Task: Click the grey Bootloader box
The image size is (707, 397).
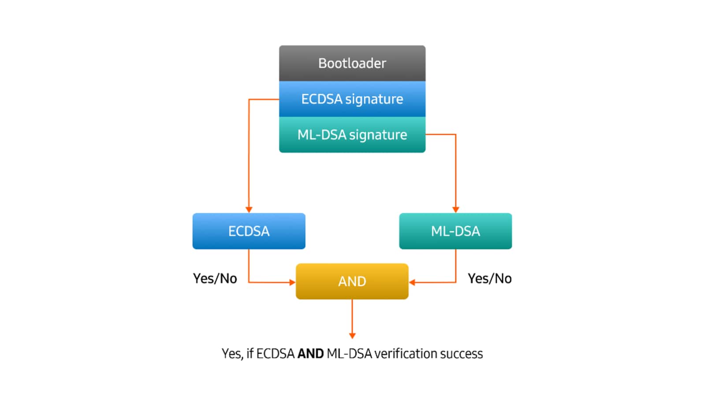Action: (x=352, y=63)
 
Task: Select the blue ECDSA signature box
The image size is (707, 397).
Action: (x=352, y=99)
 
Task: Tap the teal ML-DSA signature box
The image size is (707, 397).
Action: (x=352, y=135)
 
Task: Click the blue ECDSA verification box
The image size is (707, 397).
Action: (x=249, y=231)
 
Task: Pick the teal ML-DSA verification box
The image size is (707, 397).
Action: (x=455, y=231)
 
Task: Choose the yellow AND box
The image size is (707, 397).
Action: (x=352, y=281)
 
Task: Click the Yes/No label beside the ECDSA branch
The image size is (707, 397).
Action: (x=215, y=278)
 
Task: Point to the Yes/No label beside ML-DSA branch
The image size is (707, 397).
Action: (x=490, y=278)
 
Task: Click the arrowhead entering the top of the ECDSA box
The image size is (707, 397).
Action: (x=249, y=210)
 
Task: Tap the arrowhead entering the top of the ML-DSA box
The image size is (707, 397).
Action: (x=455, y=210)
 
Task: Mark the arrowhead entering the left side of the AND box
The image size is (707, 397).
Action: (x=292, y=282)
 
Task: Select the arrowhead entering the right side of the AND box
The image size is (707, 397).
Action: (x=412, y=282)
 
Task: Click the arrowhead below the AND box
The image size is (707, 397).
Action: (x=352, y=336)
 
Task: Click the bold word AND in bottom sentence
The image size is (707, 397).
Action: (x=310, y=354)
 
